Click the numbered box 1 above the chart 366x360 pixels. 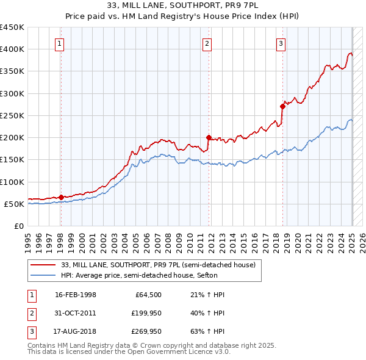click(60, 43)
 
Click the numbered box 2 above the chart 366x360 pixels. click(207, 43)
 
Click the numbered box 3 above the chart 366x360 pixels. click(281, 43)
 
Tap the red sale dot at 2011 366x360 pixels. click(209, 137)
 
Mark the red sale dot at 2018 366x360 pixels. click(282, 106)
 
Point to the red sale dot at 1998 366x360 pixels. click(61, 197)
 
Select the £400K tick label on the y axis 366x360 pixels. click(12, 49)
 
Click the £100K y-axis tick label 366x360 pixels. click(12, 182)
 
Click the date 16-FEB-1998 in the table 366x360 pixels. click(76, 295)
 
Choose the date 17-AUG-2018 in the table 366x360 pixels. click(76, 331)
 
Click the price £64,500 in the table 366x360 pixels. click(148, 295)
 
